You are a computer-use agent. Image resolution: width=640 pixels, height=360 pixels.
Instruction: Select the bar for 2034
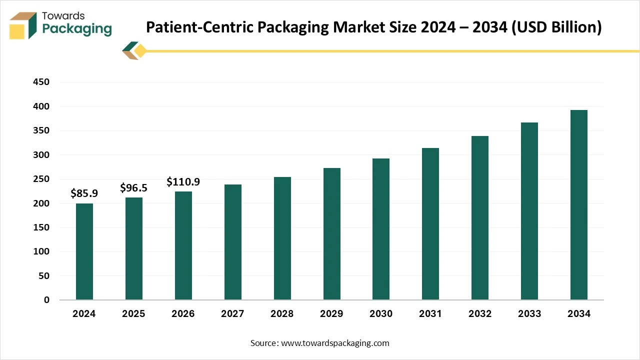coord(579,205)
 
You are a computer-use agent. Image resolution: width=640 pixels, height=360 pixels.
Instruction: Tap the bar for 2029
coord(331,233)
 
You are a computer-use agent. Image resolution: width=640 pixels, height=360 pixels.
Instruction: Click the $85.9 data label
coord(84,193)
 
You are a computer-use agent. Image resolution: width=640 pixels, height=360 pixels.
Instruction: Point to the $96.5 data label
coord(133,188)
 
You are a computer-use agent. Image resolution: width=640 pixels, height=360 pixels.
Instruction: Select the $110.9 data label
coord(183,182)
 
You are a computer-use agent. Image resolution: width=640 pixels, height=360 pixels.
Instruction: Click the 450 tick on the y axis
coord(41,82)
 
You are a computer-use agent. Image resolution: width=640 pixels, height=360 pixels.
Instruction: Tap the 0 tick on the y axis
coord(46,300)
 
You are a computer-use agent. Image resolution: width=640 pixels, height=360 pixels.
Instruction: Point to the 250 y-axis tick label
coord(41,179)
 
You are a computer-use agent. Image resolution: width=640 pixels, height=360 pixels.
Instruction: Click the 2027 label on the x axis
coord(232,314)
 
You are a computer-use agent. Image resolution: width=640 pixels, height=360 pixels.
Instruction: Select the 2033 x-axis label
coord(529,314)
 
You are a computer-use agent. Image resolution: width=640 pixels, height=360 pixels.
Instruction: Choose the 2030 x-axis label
coord(381,314)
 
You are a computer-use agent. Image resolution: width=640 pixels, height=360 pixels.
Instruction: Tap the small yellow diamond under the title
coord(140,51)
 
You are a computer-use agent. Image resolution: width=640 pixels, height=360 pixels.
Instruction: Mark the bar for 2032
coord(480,217)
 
